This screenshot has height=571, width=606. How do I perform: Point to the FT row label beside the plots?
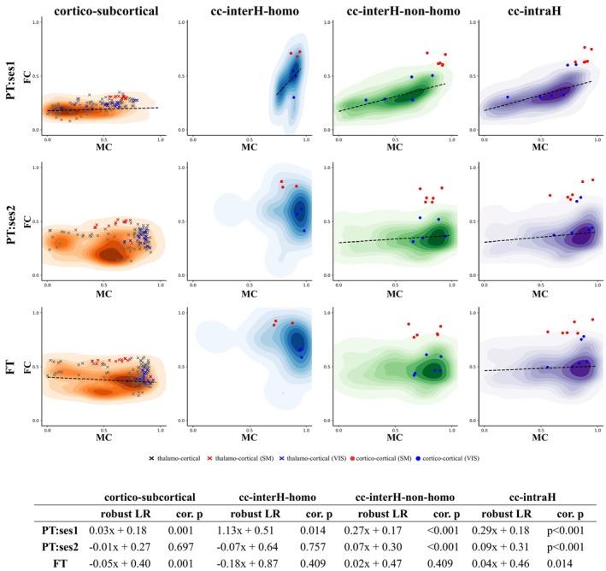click(10, 368)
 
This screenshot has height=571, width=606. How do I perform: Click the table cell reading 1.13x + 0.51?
click(237, 533)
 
